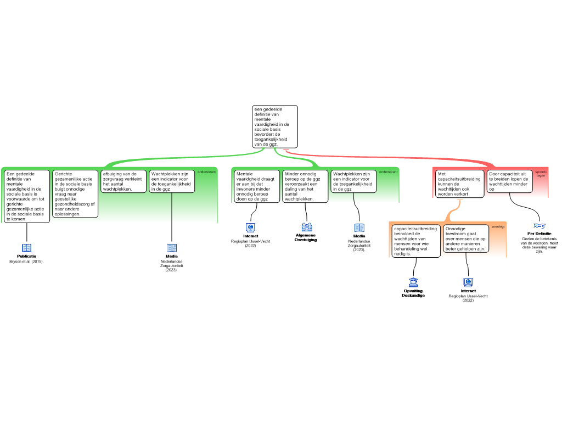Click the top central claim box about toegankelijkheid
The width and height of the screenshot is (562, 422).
(x=274, y=126)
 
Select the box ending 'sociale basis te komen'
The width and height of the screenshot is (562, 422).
(x=27, y=196)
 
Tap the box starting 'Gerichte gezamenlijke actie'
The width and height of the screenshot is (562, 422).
(x=75, y=193)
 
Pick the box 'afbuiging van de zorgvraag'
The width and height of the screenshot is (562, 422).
(x=123, y=181)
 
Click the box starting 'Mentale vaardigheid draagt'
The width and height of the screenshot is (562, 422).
(x=257, y=186)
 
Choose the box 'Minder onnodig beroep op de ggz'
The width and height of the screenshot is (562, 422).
(x=305, y=186)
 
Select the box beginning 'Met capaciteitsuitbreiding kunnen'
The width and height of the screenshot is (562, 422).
(x=460, y=184)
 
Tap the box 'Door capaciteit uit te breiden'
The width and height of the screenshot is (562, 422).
(x=509, y=181)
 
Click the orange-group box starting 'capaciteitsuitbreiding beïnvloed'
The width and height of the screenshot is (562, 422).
(x=416, y=241)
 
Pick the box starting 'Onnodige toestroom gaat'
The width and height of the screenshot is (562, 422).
(x=466, y=238)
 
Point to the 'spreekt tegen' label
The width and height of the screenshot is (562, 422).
(x=541, y=174)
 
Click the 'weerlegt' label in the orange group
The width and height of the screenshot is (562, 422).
(x=498, y=226)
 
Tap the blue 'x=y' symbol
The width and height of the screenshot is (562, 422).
(x=540, y=225)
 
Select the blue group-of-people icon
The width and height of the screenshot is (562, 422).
(x=307, y=227)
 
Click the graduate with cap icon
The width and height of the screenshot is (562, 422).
(x=413, y=283)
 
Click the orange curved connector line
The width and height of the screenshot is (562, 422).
(x=451, y=212)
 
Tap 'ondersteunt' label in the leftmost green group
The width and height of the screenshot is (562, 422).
(x=207, y=172)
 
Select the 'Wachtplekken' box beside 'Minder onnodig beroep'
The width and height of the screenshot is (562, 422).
(x=353, y=181)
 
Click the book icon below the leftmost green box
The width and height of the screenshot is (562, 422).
(x=26, y=248)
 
